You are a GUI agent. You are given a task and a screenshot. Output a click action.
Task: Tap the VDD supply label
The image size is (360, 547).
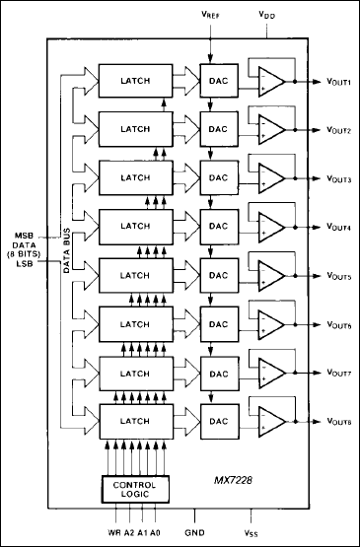pyautogui.click(x=266, y=16)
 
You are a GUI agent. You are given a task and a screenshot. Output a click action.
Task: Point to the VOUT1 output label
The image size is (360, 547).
pyautogui.click(x=334, y=83)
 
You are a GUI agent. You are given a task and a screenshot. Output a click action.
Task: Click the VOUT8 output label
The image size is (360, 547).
pyautogui.click(x=334, y=421)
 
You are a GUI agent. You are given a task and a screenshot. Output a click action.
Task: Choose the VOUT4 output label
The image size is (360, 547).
pyautogui.click(x=334, y=228)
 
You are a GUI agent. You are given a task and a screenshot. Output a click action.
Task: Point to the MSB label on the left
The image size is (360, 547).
pyautogui.click(x=25, y=235)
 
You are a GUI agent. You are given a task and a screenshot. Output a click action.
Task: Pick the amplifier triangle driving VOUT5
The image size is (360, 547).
pyautogui.click(x=270, y=275)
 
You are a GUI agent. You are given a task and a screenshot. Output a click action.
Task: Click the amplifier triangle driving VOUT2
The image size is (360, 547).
pyautogui.click(x=270, y=130)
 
